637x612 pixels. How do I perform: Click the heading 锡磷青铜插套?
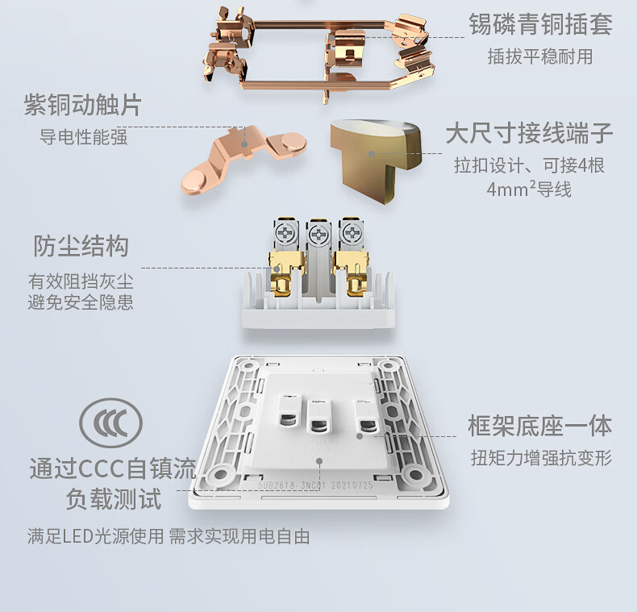click(540, 24)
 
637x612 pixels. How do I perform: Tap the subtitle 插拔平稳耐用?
click(540, 56)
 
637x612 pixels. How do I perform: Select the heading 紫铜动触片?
click(83, 105)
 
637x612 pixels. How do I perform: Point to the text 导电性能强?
click(83, 136)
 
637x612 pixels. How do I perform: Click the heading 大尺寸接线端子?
click(529, 132)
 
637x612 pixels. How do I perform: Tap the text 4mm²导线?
click(529, 189)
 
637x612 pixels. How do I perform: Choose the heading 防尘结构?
click(81, 246)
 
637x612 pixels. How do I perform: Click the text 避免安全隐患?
click(81, 302)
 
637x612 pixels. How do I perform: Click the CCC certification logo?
click(111, 423)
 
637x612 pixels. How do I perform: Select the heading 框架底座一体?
click(540, 426)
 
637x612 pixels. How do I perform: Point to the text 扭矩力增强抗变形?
click(541, 458)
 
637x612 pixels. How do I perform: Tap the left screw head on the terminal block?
click(285, 233)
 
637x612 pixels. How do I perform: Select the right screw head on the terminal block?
click(351, 233)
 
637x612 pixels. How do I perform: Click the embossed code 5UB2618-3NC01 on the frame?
click(292, 485)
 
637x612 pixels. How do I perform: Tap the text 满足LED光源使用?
click(95, 536)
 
